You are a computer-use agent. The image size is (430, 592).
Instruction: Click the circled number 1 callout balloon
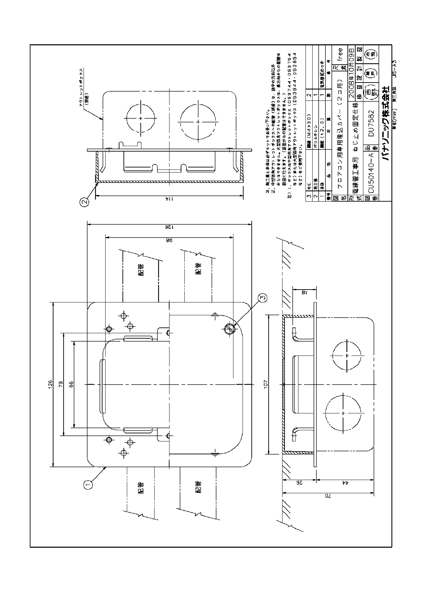pos(88,485)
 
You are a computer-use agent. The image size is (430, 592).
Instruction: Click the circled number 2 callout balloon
pos(85,202)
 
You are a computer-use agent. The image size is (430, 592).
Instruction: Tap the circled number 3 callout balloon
pos(263,298)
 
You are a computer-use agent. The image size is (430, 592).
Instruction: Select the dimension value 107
pos(266,385)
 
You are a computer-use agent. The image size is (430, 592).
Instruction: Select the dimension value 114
pos(167,199)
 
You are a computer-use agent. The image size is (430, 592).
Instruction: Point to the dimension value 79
pos(61,385)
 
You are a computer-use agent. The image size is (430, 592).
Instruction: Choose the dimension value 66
pos(71,385)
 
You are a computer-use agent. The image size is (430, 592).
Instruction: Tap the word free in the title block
pos(340,54)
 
